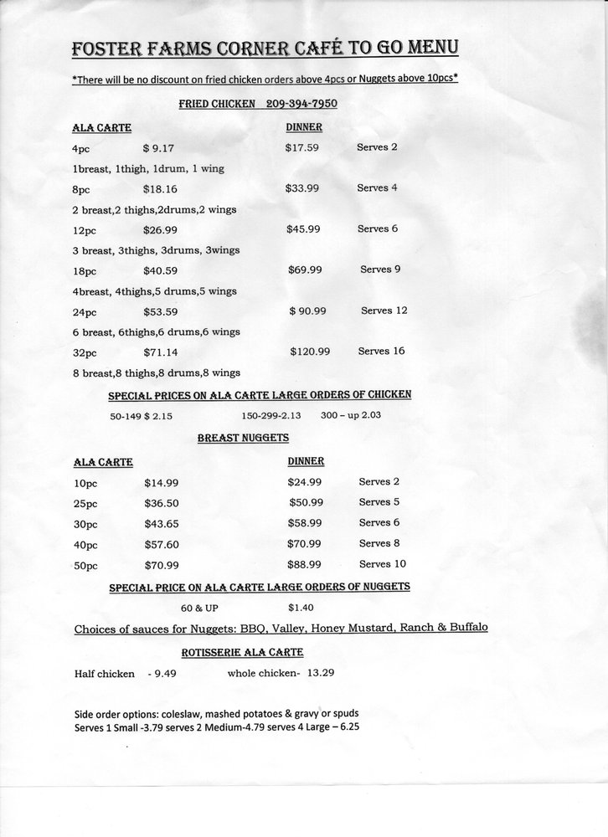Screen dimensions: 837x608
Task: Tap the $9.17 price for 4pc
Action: pos(159,148)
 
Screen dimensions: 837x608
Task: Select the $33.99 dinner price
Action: pos(302,188)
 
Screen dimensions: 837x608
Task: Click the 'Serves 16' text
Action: pos(381,351)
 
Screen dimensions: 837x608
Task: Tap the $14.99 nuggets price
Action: pos(161,483)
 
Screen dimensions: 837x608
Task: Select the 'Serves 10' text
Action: pos(382,564)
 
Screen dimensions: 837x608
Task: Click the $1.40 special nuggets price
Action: pos(301,607)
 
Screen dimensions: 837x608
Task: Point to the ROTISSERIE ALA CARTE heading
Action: pos(242,651)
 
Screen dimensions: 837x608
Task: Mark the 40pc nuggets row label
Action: pos(86,544)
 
